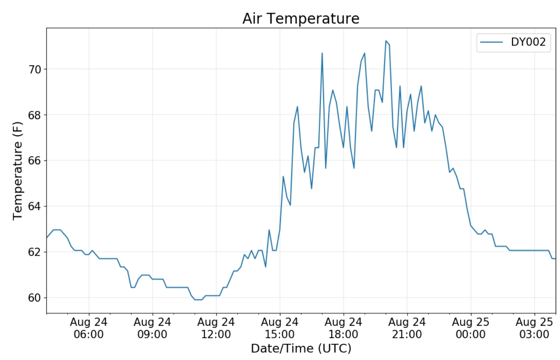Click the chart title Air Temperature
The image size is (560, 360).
(x=301, y=18)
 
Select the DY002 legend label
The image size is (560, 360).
(x=528, y=42)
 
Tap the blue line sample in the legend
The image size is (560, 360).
(x=491, y=42)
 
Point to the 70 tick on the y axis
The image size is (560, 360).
(x=35, y=69)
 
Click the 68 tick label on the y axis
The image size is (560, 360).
(x=35, y=115)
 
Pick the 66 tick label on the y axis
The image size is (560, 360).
(x=35, y=161)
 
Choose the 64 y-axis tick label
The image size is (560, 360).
(x=35, y=206)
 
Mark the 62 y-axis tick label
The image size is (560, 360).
(x=35, y=252)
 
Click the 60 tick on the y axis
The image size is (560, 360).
(x=35, y=298)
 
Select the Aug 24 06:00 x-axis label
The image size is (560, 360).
(x=89, y=328)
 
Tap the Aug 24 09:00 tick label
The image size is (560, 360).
(x=152, y=328)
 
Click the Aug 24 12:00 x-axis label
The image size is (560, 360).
(x=216, y=328)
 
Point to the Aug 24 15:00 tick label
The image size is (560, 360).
(x=280, y=328)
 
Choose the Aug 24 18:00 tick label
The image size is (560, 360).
(x=343, y=328)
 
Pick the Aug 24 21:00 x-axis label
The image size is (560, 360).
(x=407, y=328)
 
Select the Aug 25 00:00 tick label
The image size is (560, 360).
(x=471, y=328)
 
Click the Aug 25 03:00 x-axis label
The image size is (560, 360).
(x=534, y=328)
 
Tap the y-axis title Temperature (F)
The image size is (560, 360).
(x=17, y=171)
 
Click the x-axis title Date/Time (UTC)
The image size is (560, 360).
(x=301, y=348)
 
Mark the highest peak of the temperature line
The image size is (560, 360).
(x=386, y=40)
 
